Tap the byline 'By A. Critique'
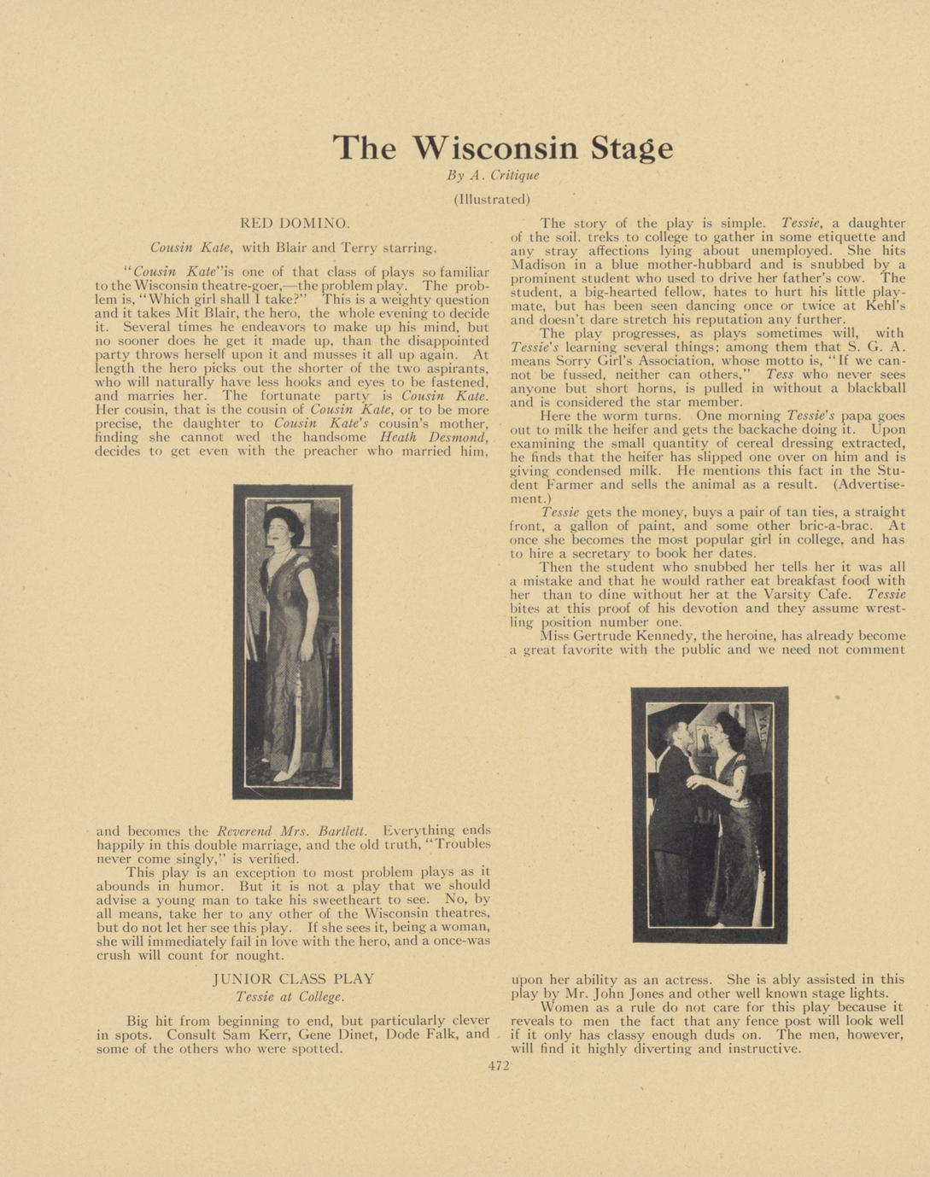click(x=493, y=176)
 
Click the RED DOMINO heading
click(x=294, y=224)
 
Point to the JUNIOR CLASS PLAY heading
click(x=293, y=979)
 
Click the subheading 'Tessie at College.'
click(x=290, y=997)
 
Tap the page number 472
click(x=499, y=1066)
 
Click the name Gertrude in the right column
click(x=609, y=636)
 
